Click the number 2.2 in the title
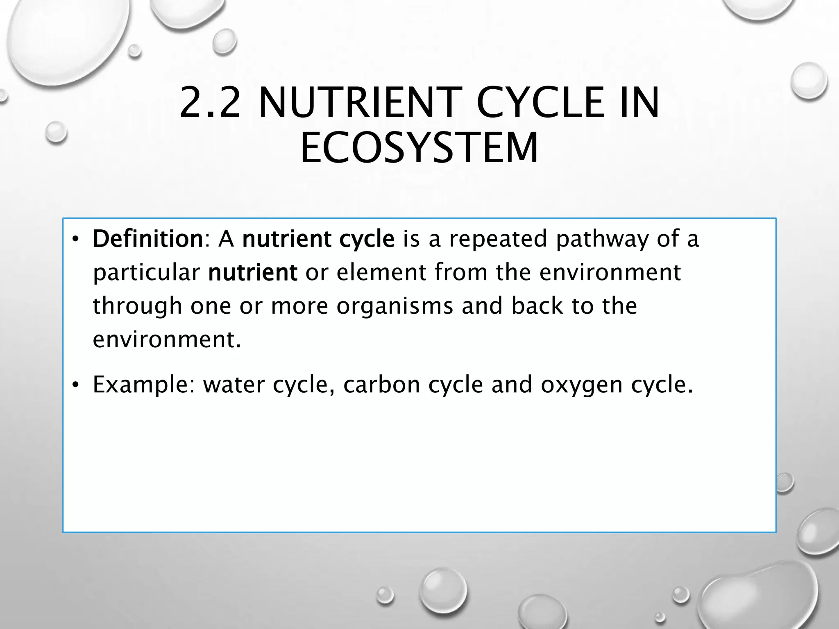click(x=210, y=102)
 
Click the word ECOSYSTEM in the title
click(x=419, y=147)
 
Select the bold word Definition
click(x=148, y=239)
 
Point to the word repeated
click(x=498, y=240)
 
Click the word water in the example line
click(x=234, y=385)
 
